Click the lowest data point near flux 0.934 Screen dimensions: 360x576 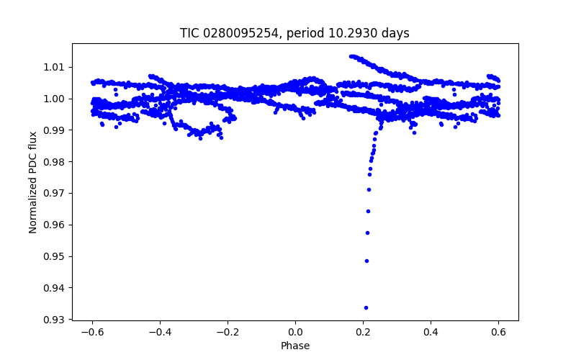366,307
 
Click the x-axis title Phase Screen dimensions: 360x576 295,346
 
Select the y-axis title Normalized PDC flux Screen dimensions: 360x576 33,181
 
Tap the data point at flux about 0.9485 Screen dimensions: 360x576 366,261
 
